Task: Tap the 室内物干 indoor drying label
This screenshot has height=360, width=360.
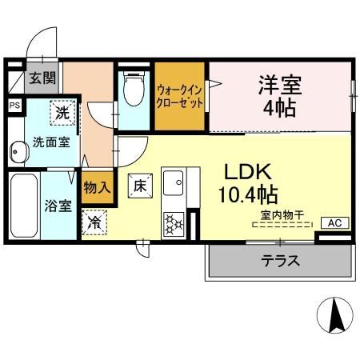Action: [x=280, y=215]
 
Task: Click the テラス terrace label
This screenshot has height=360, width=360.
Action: [x=280, y=260]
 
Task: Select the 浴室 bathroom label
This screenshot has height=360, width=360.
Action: [x=57, y=206]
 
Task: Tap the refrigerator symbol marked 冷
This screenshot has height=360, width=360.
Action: [x=95, y=222]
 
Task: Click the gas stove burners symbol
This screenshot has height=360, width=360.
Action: [x=174, y=220]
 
